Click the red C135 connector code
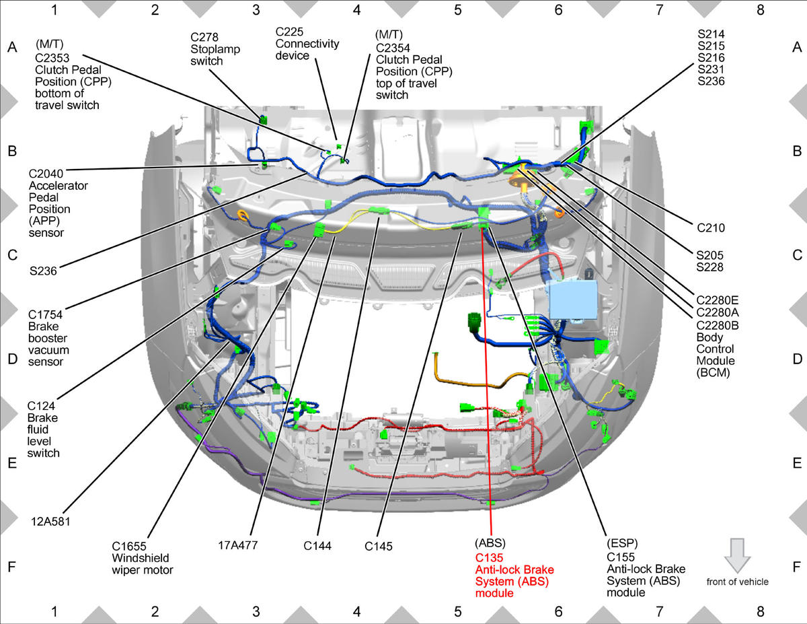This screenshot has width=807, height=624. coord(489,558)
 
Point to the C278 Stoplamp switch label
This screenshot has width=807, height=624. coord(215,49)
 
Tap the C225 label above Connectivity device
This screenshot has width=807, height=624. coord(289,32)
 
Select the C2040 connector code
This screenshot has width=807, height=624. coord(46,174)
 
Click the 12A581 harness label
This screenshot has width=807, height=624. coord(50,522)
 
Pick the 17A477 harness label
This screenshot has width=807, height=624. coord(237,545)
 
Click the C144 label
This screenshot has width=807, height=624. coord(317,546)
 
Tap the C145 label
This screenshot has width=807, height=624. coord(379,547)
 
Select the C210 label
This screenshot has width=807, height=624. coord(711,228)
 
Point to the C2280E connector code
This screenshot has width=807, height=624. coord(717,300)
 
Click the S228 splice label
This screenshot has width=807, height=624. coord(709,267)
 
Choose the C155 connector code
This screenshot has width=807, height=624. coord(621,557)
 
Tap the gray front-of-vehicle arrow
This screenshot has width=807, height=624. coord(737,555)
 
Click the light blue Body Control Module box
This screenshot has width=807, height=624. coord(573,300)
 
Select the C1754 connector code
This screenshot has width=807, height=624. coord(45,315)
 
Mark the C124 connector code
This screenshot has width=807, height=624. coord(41,406)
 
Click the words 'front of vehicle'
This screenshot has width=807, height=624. coord(737,582)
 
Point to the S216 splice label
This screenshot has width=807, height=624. coord(711,58)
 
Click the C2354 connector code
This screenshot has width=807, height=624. coord(393,48)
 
